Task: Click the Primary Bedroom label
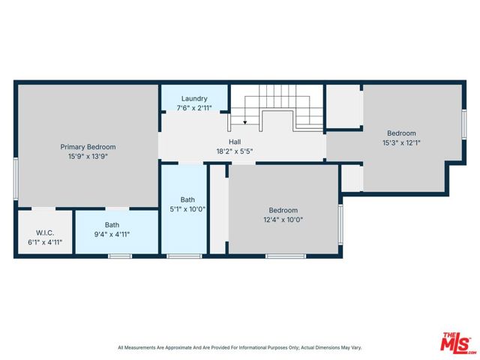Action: tap(88, 147)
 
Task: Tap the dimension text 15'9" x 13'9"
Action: tap(88, 157)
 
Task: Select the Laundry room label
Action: tap(193, 98)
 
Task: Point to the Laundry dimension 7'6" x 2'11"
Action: tap(193, 108)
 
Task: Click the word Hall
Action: tap(235, 141)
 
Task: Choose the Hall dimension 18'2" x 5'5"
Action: tap(235, 151)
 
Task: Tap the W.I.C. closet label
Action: tap(45, 233)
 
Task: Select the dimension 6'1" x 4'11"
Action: tap(45, 243)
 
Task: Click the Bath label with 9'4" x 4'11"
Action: tap(112, 224)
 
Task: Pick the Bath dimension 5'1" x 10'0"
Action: tap(187, 209)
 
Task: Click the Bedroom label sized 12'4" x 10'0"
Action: tap(283, 210)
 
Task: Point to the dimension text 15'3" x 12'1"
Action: tap(401, 142)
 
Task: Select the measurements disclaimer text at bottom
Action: tap(239, 347)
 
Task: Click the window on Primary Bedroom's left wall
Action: tap(16, 178)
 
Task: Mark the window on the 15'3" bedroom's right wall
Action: tap(463, 124)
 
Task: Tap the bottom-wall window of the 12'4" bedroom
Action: tap(285, 256)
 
